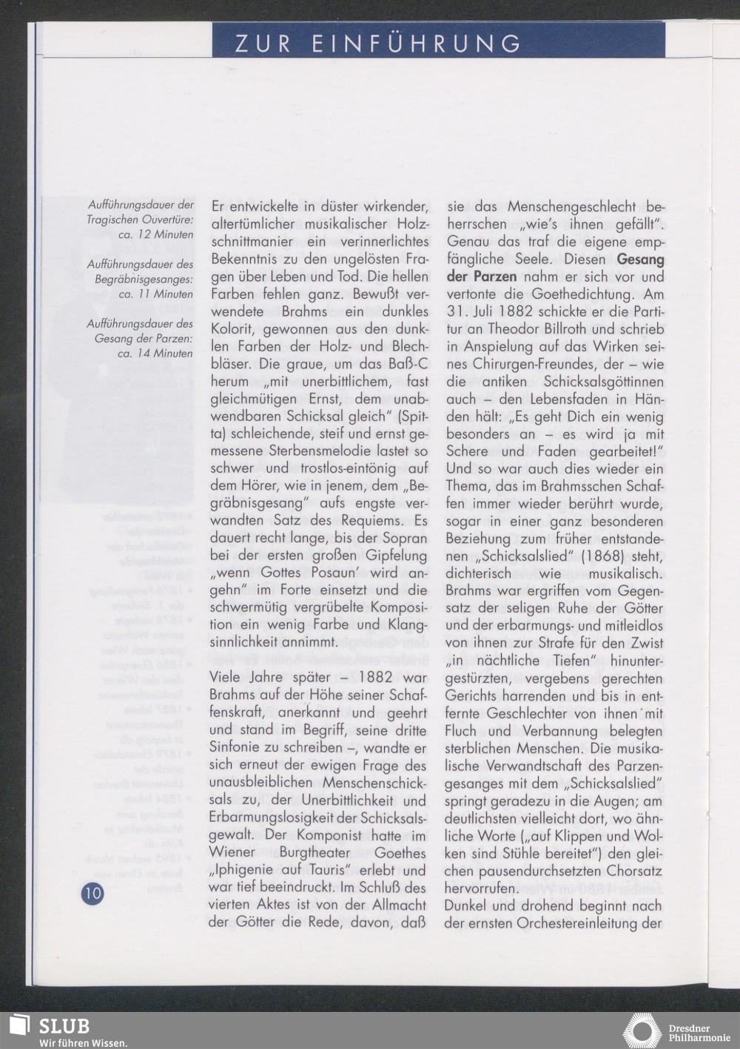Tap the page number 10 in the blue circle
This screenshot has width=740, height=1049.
click(x=92, y=893)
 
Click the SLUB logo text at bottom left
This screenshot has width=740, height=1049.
click(x=64, y=1025)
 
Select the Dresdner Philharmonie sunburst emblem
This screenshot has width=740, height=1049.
click(x=642, y=1031)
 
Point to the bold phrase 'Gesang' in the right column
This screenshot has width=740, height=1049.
click(x=640, y=260)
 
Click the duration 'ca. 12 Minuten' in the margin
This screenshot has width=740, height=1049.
click(x=155, y=235)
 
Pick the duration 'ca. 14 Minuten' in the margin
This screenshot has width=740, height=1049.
click(x=155, y=353)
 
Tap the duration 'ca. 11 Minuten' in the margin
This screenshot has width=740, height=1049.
click(x=155, y=294)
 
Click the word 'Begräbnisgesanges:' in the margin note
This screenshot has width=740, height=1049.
click(x=144, y=279)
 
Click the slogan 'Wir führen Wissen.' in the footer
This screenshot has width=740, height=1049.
click(x=83, y=1042)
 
